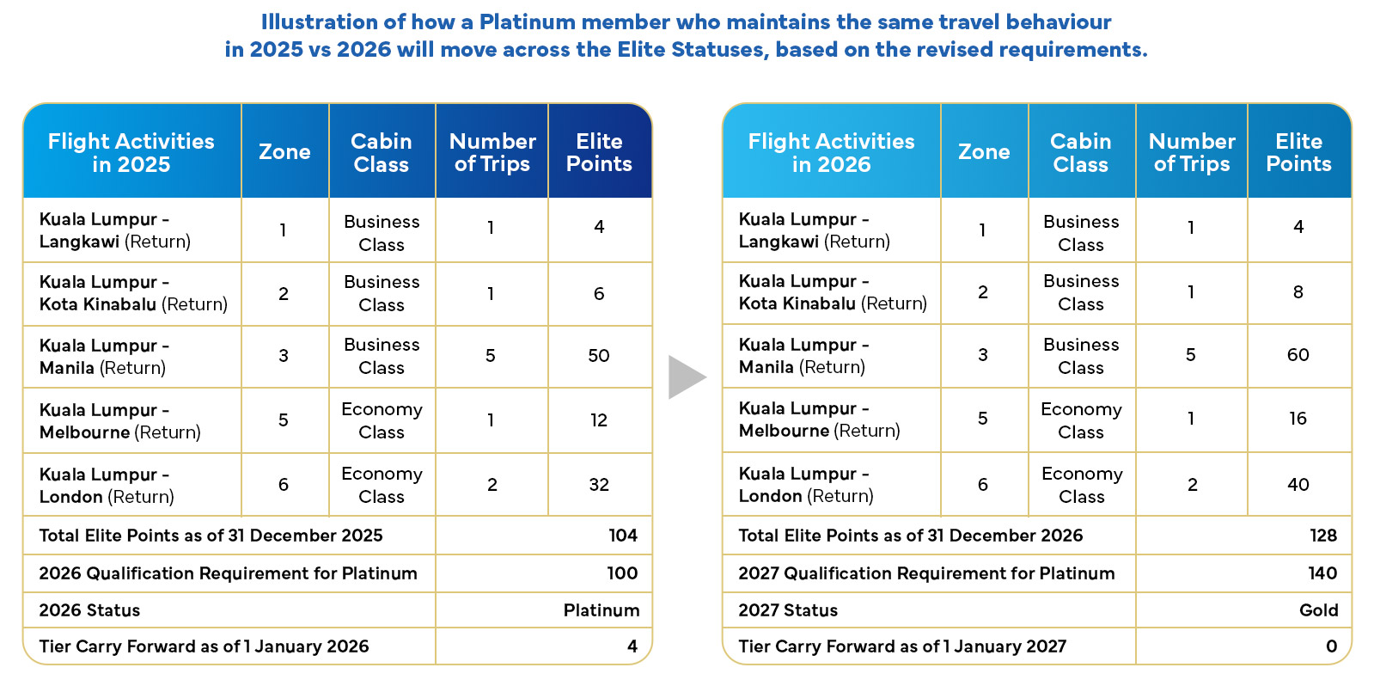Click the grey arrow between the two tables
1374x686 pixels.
(x=686, y=377)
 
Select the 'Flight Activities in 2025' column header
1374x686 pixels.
(x=131, y=153)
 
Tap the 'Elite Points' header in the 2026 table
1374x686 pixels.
(x=1298, y=153)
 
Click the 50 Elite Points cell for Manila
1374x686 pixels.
(x=599, y=355)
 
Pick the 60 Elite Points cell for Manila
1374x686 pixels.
(x=1298, y=355)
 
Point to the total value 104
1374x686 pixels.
(x=623, y=535)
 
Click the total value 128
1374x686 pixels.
(x=1323, y=535)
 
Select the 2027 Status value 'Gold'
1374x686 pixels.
(x=1319, y=609)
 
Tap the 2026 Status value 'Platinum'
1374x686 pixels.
(x=602, y=609)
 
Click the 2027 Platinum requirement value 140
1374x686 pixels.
(x=1322, y=573)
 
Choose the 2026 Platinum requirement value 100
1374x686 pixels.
(x=622, y=573)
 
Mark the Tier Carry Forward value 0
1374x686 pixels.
(x=1331, y=646)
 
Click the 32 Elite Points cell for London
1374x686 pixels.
(x=599, y=484)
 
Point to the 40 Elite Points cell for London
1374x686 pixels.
(x=1298, y=484)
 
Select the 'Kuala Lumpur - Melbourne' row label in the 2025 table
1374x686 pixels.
(x=120, y=421)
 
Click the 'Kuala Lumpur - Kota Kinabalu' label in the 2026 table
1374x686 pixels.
(x=833, y=292)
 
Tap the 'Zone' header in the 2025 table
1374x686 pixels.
(x=284, y=151)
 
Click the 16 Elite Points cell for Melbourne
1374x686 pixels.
(x=1298, y=419)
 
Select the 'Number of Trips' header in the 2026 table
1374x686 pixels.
(x=1192, y=153)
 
